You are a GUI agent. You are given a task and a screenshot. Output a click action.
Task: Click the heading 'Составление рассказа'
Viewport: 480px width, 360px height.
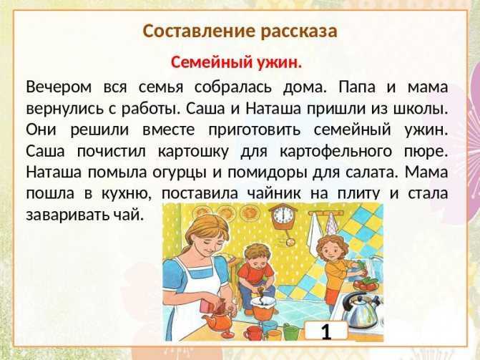(x=240, y=31)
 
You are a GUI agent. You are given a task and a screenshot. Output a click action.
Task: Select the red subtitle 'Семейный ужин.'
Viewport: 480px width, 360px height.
(x=236, y=63)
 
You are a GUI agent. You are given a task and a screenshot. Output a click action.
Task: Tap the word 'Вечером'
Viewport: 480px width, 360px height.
(x=59, y=87)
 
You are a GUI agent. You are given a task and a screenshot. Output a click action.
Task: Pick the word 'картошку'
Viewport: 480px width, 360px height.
(x=193, y=152)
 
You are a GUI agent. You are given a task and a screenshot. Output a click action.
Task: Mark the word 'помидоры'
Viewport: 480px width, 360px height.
(x=267, y=173)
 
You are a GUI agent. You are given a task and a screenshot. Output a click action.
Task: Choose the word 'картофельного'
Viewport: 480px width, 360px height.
(x=335, y=152)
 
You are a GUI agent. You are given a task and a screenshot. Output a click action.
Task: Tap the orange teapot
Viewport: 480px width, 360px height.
(x=219, y=319)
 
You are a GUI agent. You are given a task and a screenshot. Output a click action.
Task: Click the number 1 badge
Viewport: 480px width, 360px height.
(x=326, y=330)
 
